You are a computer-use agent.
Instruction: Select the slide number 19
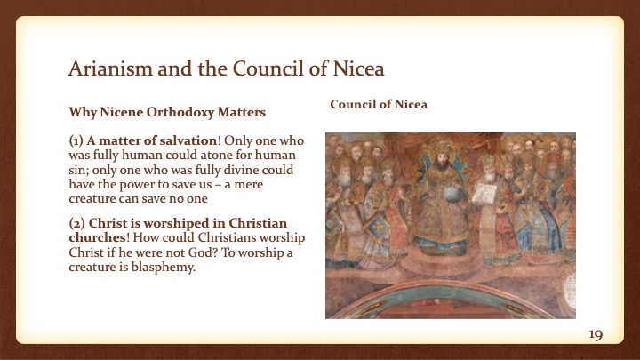point(596,334)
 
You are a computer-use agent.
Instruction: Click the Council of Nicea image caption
point(379,104)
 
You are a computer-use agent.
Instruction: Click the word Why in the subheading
point(82,113)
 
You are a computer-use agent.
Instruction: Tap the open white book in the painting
point(487,191)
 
